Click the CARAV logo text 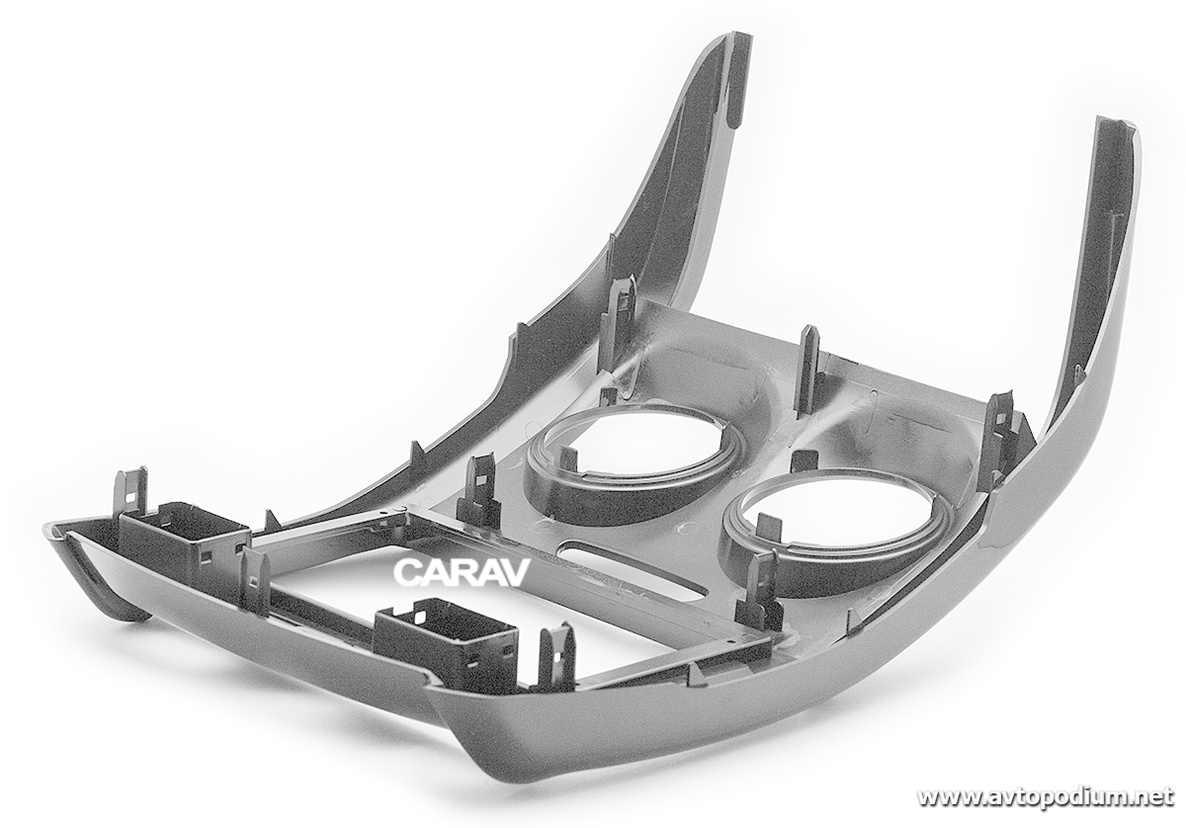(x=462, y=573)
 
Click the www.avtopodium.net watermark (x=1046, y=797)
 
